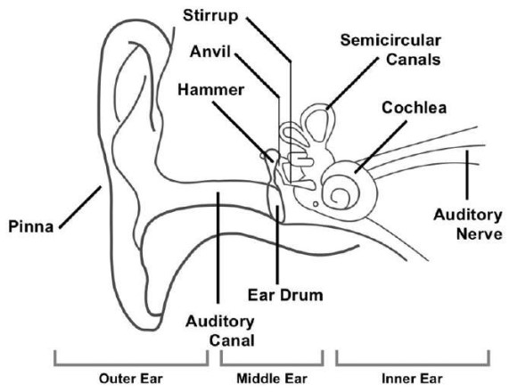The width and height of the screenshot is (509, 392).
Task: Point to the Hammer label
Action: point(208,90)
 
